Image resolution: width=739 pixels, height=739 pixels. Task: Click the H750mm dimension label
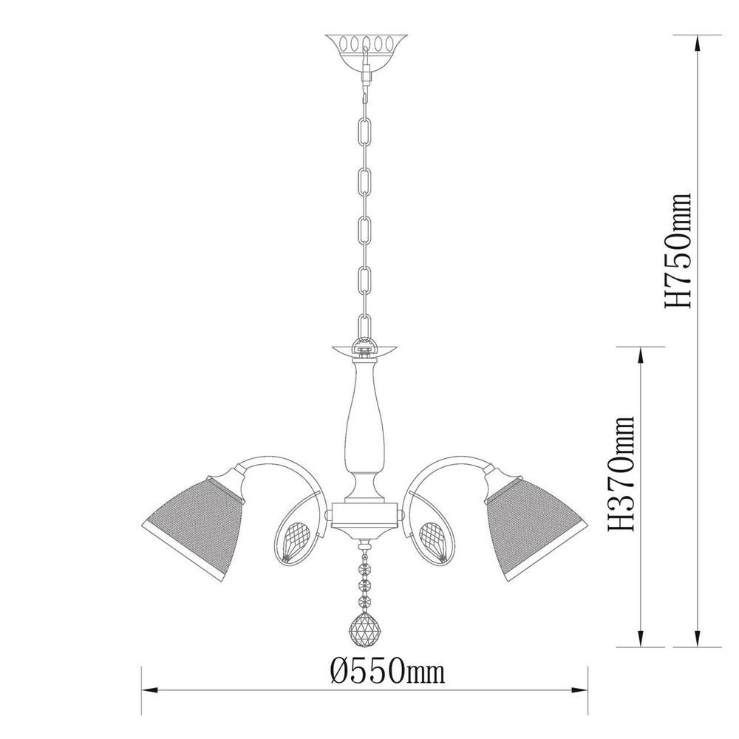678,249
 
